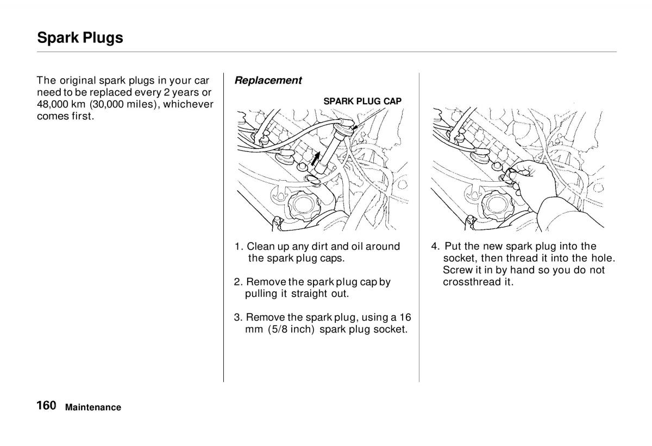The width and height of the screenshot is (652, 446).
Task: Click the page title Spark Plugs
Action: [x=80, y=38]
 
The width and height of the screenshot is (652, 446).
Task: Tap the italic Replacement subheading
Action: [x=268, y=80]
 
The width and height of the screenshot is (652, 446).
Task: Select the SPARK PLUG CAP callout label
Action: [x=362, y=101]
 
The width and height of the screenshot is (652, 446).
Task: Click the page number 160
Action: [x=47, y=406]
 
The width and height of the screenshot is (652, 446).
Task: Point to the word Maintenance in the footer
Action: [x=93, y=407]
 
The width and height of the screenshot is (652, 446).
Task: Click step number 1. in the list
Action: [x=239, y=247]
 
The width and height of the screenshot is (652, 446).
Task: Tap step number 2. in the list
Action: [x=239, y=282]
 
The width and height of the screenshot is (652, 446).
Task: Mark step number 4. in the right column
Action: [x=435, y=247]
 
